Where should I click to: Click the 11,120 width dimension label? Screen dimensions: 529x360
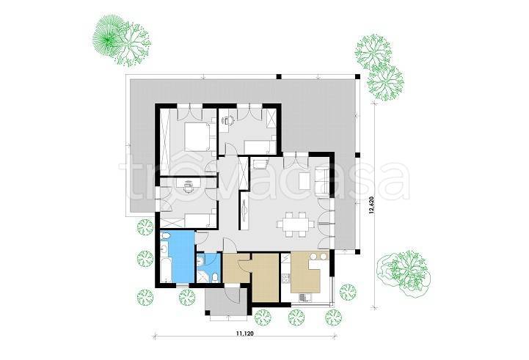(x=244, y=334)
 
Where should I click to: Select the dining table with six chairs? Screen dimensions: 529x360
(x=296, y=224)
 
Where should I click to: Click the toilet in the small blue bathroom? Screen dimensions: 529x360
(x=215, y=278)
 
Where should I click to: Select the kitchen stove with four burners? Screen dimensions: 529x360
(x=286, y=278)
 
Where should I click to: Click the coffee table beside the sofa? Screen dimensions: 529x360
(x=304, y=181)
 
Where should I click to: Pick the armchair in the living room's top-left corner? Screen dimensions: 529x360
(x=259, y=163)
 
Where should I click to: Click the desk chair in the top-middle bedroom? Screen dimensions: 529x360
(x=230, y=120)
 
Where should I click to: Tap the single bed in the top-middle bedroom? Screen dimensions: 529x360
(x=260, y=147)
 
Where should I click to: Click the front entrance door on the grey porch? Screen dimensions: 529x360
(x=233, y=294)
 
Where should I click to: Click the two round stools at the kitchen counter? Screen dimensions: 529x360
(x=319, y=257)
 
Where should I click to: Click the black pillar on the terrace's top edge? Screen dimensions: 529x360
(x=279, y=76)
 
